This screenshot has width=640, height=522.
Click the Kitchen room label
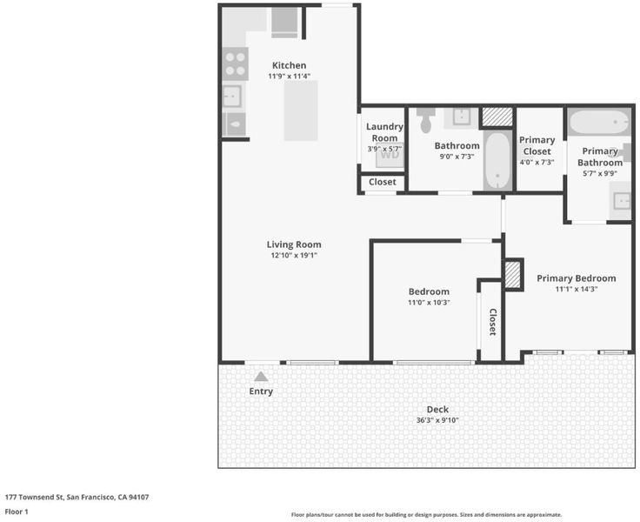coord(289,65)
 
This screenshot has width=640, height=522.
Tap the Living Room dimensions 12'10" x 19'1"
coord(294,255)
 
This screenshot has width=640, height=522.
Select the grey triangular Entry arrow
coord(261,376)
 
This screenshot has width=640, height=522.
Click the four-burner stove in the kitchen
coord(235,64)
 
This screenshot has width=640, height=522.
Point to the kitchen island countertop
coord(301,110)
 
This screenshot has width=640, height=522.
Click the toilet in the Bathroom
coord(426,120)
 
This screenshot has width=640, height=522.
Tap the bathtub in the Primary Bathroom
coord(599,121)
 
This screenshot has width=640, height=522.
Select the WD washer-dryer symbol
coord(390,154)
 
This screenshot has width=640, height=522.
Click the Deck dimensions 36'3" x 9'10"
coord(437,420)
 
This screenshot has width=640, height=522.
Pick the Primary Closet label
coord(537,145)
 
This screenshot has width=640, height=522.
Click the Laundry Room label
coord(384,132)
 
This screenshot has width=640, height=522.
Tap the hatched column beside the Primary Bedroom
coord(513,274)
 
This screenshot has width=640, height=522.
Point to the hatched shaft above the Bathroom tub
coord(497,117)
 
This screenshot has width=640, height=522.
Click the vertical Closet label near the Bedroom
coord(493,322)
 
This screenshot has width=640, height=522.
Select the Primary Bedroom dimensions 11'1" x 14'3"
coord(577,289)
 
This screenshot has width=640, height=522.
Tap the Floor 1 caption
coord(17,512)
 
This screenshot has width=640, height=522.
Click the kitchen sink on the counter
coord(232,97)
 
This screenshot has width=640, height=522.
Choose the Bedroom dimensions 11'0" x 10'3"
coord(429,303)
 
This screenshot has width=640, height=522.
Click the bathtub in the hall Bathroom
coord(497,160)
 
